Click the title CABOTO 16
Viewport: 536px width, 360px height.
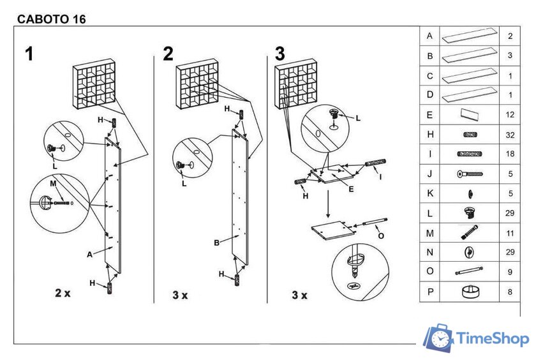(51, 19)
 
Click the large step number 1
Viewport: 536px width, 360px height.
(29, 54)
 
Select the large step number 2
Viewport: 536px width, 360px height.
(168, 54)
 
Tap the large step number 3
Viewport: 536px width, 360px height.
(279, 54)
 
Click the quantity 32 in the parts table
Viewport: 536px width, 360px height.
(510, 135)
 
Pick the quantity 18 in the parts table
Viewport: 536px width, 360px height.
(510, 154)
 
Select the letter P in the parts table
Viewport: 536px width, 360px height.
(430, 292)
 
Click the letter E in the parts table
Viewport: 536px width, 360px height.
(430, 115)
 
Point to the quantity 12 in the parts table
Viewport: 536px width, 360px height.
(510, 115)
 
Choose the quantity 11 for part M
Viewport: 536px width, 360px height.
(510, 234)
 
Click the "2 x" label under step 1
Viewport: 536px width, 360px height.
(63, 293)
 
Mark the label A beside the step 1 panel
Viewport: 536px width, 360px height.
(90, 254)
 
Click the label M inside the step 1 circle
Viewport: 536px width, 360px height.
(53, 183)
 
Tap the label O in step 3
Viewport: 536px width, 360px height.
(381, 236)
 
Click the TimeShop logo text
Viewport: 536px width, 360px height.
(493, 339)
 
